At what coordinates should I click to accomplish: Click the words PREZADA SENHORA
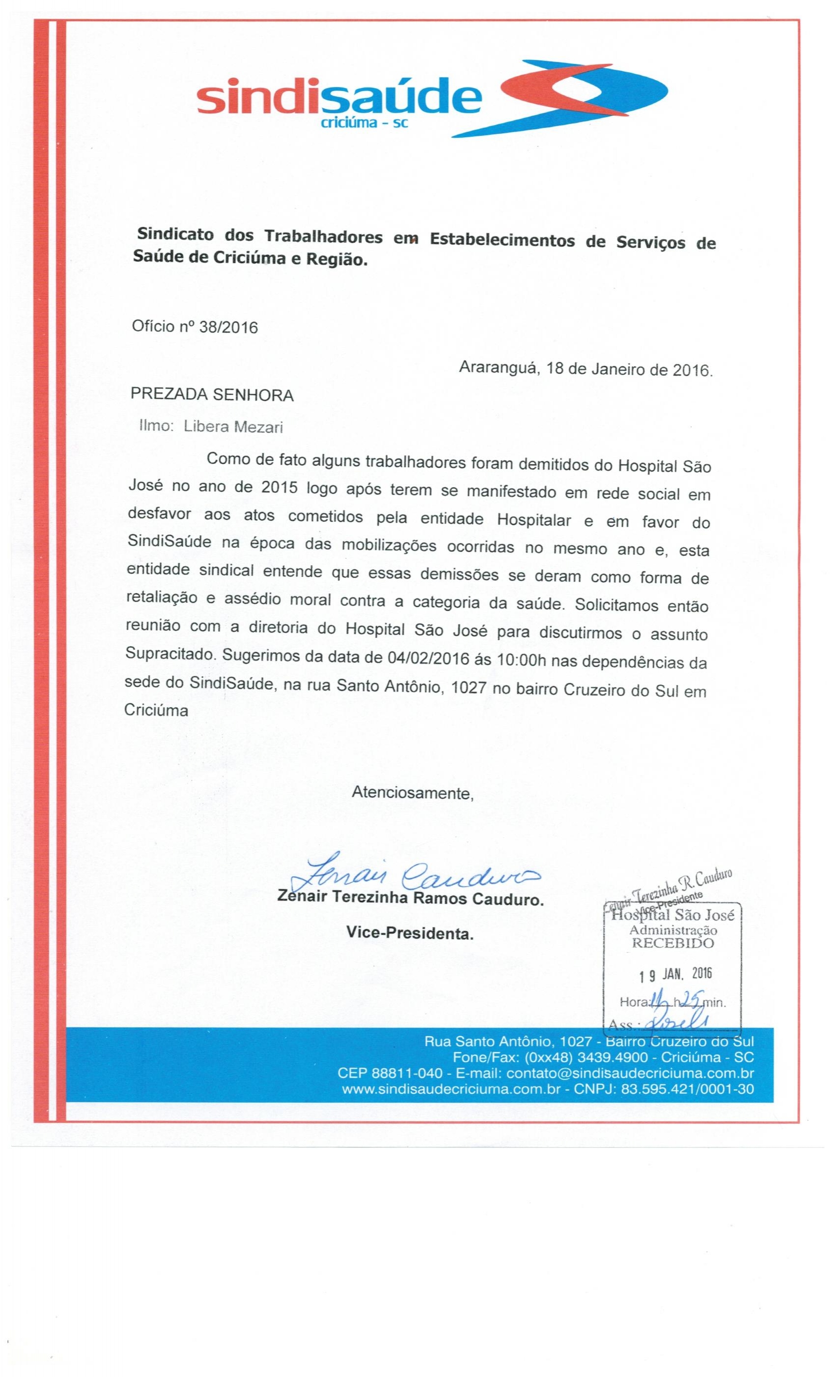point(212,395)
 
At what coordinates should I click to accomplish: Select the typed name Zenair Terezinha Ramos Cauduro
point(410,900)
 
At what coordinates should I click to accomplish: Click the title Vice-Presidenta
point(409,933)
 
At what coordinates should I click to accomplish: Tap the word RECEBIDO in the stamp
point(672,943)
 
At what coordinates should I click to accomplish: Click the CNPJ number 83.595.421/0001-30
point(687,1089)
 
